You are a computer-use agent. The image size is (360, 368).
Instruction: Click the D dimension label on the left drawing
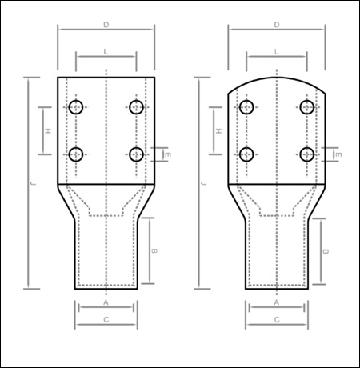pos(106,26)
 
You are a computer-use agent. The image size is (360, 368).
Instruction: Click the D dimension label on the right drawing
pos(277,26)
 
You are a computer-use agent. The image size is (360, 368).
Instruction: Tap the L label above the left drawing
pos(106,51)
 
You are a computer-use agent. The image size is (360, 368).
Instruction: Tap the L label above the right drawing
pos(277,51)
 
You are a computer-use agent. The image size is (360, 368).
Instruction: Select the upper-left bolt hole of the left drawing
pos(77,106)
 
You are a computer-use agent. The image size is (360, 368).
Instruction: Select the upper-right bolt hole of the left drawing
pos(136,106)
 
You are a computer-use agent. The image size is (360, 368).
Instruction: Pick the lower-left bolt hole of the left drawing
pos(77,154)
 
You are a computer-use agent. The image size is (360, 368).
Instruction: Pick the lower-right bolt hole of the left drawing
pos(136,154)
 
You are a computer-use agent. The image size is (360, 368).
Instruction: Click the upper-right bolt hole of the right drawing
pos(306,106)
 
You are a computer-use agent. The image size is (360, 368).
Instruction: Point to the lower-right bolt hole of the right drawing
pos(306,154)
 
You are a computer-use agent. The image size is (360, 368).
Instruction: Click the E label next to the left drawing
pos(168,154)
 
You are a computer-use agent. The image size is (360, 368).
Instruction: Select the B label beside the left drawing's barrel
pos(154,251)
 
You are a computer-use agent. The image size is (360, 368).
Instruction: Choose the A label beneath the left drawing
pos(106,303)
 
